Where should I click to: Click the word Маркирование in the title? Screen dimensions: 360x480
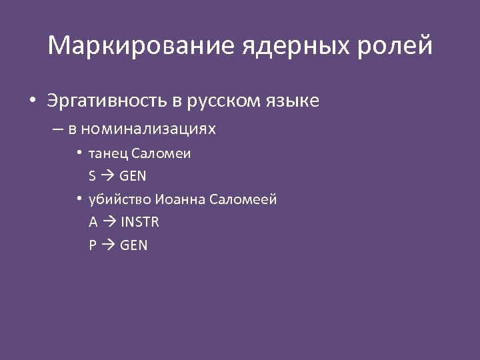point(141,46)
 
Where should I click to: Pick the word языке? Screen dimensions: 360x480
point(295,101)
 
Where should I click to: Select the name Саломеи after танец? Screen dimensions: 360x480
point(161,153)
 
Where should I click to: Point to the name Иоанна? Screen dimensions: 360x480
point(181,199)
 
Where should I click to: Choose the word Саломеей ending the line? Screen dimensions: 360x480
point(243,199)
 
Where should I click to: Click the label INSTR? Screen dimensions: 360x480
point(139,222)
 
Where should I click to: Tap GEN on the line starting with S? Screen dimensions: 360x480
point(133,177)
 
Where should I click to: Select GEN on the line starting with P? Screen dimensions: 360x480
point(134,245)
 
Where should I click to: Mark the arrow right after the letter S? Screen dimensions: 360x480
point(107,177)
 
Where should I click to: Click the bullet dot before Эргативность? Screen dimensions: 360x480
point(32,102)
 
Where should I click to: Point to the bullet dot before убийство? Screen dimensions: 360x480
point(79,199)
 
